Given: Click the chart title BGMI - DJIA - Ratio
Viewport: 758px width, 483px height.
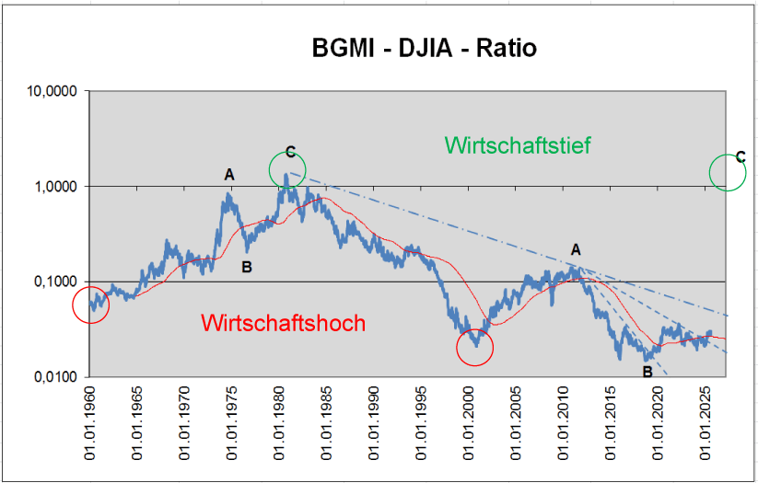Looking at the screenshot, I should pyautogui.click(x=423, y=47).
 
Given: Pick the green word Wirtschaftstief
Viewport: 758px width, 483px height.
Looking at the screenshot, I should pyautogui.click(x=517, y=145).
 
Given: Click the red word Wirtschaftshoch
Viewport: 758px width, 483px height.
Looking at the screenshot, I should pyautogui.click(x=283, y=323).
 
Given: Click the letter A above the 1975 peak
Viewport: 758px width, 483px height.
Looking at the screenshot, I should pyautogui.click(x=229, y=174).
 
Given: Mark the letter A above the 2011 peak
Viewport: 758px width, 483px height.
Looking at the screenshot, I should pyautogui.click(x=577, y=249).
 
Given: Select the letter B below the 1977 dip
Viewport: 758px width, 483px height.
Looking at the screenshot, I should pyautogui.click(x=246, y=268).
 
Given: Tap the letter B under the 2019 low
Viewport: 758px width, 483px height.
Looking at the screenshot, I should pyautogui.click(x=647, y=372).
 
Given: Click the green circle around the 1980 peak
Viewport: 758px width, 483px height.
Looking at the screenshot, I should pyautogui.click(x=287, y=169).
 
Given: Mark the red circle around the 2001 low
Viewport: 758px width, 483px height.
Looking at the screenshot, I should pyautogui.click(x=475, y=347).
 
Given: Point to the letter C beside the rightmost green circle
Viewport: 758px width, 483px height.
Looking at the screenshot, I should pyautogui.click(x=741, y=157).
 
